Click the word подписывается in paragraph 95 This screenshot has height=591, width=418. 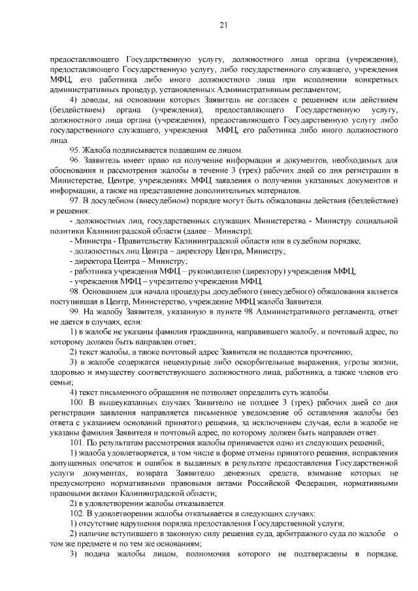(x=135, y=150)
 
